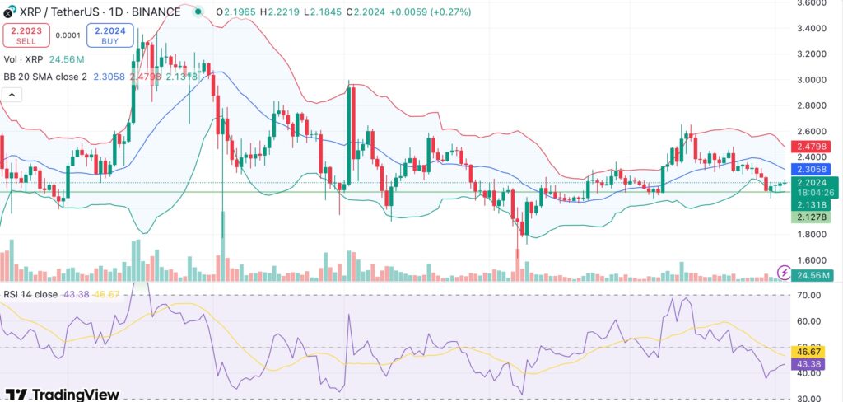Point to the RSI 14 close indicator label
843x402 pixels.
click(x=31, y=295)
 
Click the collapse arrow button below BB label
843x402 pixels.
click(x=13, y=96)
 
